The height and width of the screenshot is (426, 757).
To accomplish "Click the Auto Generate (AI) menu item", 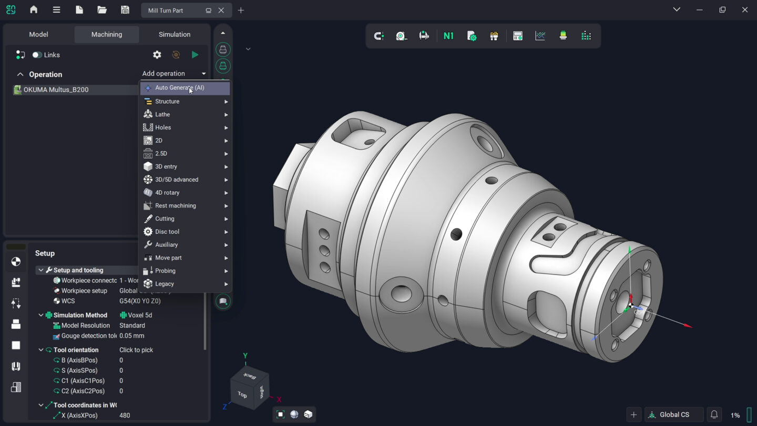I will tap(179, 88).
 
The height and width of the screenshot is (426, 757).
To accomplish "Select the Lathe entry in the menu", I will tap(162, 114).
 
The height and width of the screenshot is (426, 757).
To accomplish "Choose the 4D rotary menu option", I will tap(167, 193).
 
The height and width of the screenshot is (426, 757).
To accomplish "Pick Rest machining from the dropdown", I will tap(175, 206).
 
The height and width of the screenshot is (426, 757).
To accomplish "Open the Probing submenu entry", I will tap(165, 271).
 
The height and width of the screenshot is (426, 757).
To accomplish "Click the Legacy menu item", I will tap(164, 284).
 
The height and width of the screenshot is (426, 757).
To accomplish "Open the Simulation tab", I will tap(175, 34).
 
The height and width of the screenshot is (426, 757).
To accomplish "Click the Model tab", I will tap(38, 34).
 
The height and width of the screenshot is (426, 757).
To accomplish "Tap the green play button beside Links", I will tap(195, 55).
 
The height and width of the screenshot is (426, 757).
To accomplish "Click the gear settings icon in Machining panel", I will tap(157, 55).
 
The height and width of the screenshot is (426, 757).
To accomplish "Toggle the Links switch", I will tap(37, 55).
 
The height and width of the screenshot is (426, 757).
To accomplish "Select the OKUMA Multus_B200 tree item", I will tap(56, 90).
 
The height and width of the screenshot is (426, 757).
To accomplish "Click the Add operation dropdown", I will tap(173, 74).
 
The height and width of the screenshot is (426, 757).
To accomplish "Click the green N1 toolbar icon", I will tap(448, 36).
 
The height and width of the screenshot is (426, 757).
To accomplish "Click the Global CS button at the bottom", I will tap(674, 415).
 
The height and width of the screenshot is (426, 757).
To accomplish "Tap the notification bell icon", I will tap(714, 415).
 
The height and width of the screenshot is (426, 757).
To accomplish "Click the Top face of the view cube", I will tap(242, 394).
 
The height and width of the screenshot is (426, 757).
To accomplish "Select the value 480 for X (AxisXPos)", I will tap(125, 415).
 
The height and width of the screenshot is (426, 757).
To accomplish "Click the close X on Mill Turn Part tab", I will tap(221, 11).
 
